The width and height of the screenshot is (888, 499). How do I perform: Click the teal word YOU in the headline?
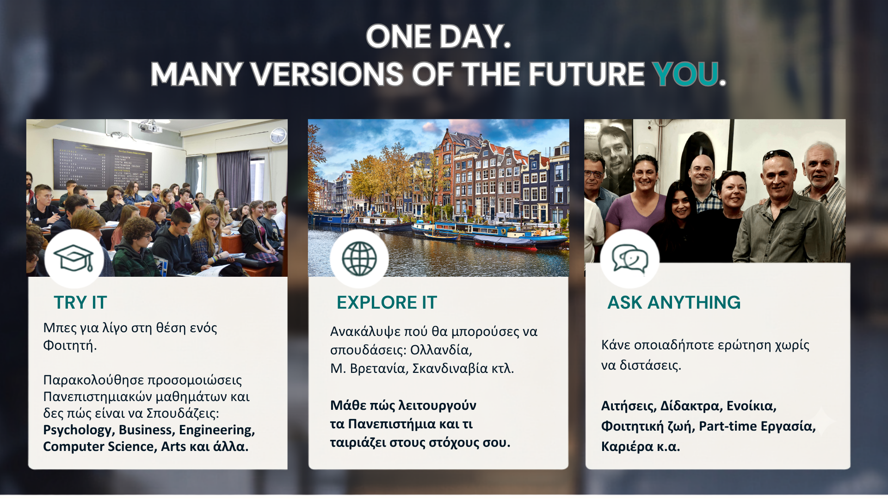685,74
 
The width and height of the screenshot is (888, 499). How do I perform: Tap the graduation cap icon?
74,258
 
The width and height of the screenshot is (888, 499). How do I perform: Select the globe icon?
359,259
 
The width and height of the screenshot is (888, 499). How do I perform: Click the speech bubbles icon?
630,259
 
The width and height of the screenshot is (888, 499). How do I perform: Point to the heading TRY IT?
80,303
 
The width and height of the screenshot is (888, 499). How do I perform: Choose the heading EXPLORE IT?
387,303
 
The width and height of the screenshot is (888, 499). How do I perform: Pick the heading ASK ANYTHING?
674,303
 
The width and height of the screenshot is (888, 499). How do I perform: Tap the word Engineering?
217,430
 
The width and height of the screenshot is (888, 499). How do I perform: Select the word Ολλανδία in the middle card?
441,350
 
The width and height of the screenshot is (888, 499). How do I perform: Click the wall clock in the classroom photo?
278,135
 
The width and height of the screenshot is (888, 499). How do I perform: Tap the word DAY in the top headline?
475,37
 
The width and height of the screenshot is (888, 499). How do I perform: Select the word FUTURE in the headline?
586,74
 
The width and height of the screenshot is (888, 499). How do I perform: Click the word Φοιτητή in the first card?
70,346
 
